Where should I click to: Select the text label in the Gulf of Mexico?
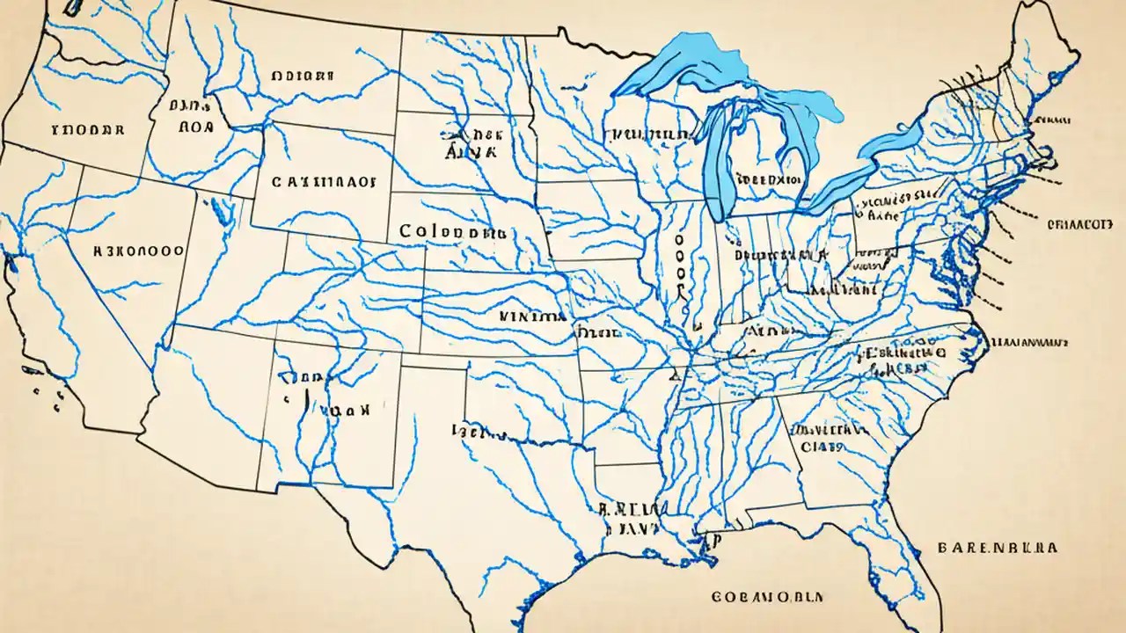coord(766,596)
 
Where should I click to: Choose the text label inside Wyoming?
coord(323,182)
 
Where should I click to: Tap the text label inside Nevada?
coord(138,250)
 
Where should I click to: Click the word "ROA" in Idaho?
coord(195,126)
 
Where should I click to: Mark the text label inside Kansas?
coord(531,314)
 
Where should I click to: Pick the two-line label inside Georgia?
coord(824,438)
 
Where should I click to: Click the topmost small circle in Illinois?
coord(678,237)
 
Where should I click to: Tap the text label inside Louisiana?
coord(632,518)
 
